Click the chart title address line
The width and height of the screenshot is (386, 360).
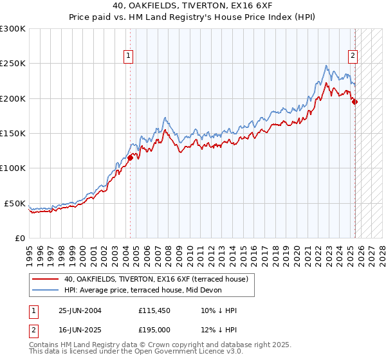[193, 6]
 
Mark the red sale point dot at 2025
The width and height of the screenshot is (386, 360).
[354, 102]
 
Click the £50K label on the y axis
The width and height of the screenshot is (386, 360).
[15, 203]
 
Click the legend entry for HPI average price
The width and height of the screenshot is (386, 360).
[143, 290]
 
